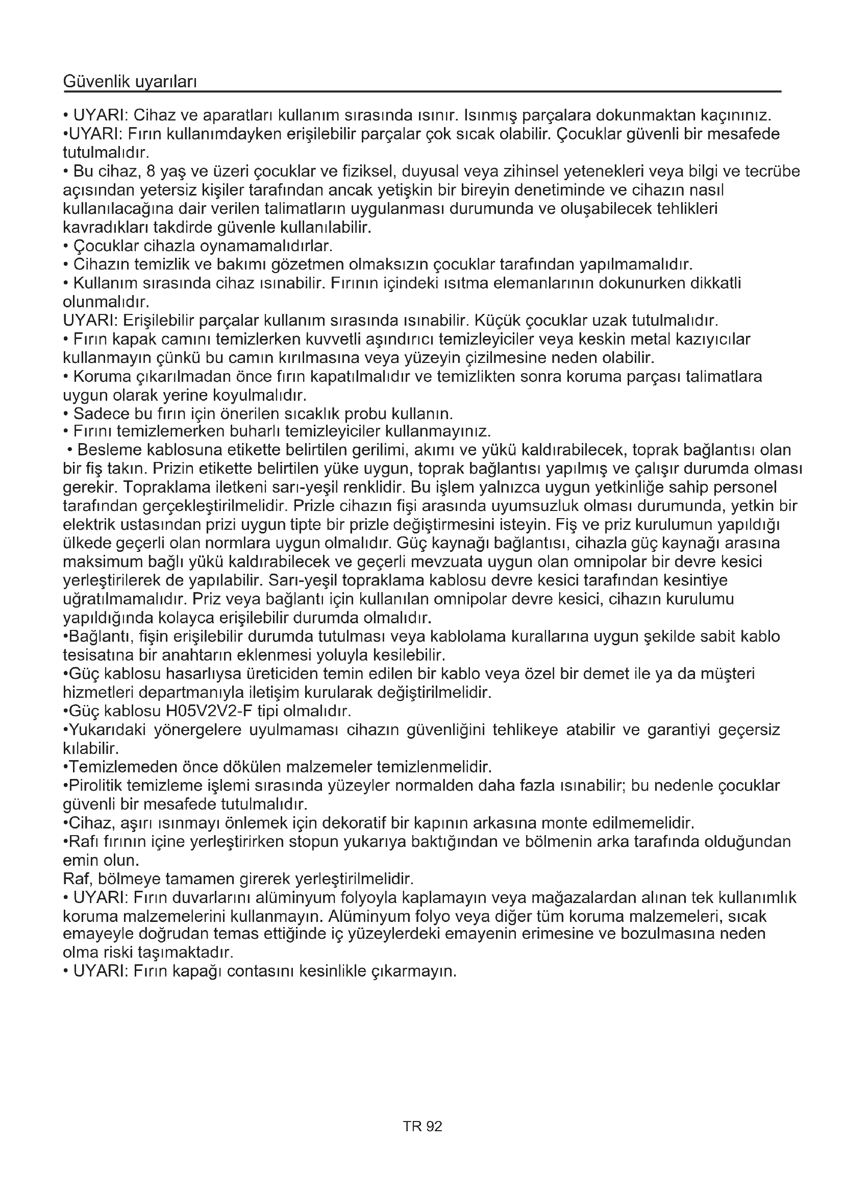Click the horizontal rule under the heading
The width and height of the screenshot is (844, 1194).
tap(422, 92)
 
